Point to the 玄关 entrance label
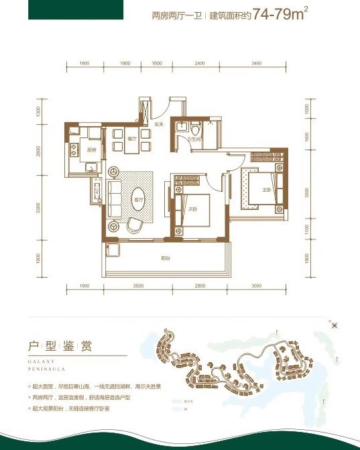[x=160, y=123]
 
